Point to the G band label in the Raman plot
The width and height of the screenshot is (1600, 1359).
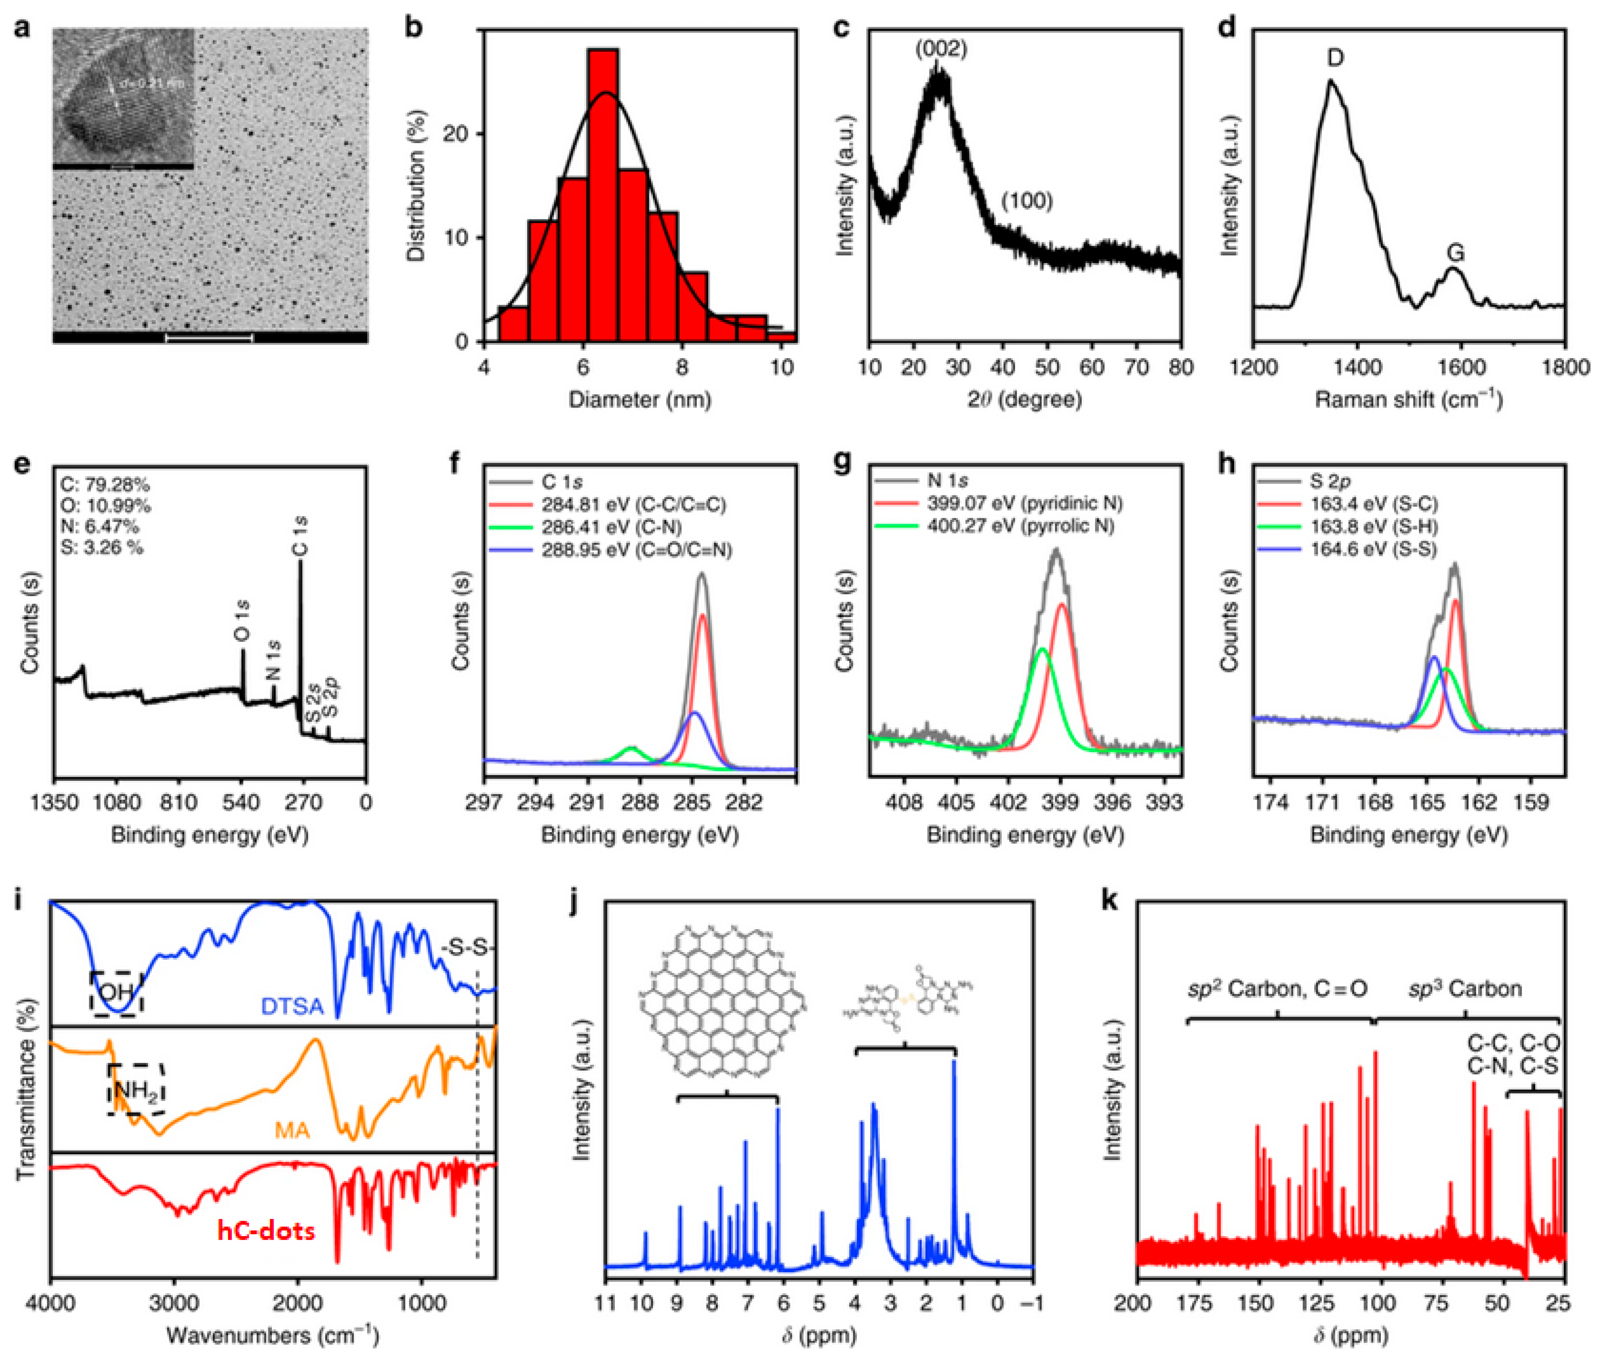point(1454,253)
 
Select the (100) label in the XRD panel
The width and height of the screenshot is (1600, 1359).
point(1026,201)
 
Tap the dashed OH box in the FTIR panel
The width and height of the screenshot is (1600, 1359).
point(116,993)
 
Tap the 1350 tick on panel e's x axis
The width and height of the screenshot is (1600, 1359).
point(55,802)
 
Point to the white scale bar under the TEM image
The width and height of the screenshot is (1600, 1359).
point(210,338)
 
